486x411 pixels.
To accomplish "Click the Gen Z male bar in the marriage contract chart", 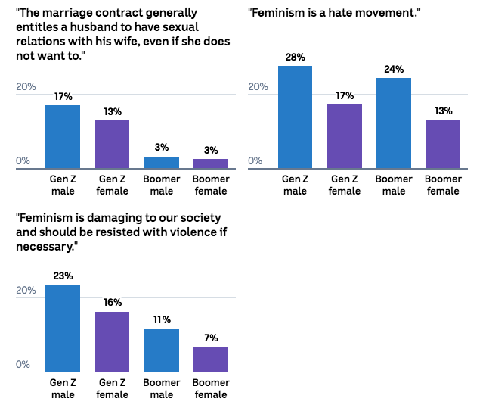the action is [63, 137].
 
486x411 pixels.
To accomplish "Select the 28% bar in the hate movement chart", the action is [295, 117].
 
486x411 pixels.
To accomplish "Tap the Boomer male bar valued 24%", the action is [394, 123].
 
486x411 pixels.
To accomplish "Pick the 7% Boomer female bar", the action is [211, 360].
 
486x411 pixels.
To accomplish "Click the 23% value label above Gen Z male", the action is [63, 276].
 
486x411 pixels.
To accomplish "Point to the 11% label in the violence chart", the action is [162, 319].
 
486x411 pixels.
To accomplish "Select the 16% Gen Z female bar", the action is [112, 342].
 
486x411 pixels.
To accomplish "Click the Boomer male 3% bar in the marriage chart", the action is [162, 163].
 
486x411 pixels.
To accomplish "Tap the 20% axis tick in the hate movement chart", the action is [258, 86].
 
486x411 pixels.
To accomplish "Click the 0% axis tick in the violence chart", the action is [23, 364].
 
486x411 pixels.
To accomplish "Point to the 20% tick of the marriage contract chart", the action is [26, 86].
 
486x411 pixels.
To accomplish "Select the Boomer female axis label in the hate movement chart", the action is [443, 185].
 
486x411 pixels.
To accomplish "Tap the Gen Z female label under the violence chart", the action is [112, 388].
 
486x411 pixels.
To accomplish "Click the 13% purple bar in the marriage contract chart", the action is [112, 145].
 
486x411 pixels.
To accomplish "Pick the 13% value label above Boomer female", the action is [444, 111].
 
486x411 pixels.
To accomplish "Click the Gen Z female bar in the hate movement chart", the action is [345, 136].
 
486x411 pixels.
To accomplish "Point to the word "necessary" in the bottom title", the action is [45, 247].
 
